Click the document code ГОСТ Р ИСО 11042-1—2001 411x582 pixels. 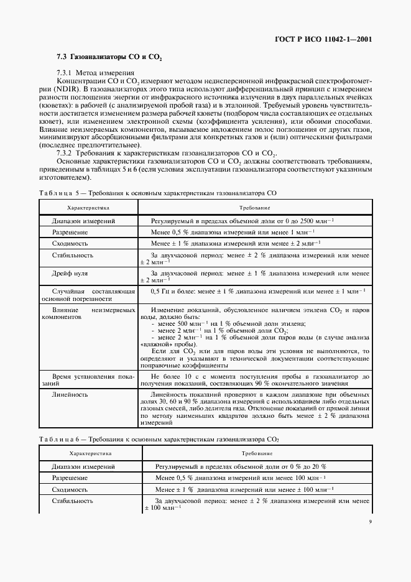(323, 39)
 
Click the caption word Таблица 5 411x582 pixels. (57, 194)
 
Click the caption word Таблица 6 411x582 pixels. (57, 440)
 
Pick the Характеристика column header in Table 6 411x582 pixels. (88, 454)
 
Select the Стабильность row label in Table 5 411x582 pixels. (73, 255)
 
